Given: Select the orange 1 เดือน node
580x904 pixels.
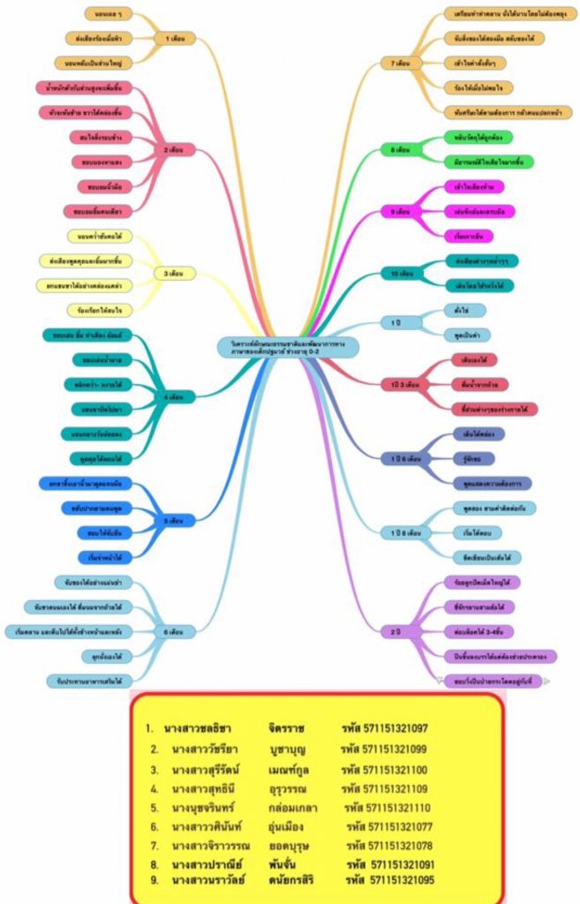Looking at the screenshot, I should [x=174, y=39].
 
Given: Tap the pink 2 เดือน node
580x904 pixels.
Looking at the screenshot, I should [x=173, y=150].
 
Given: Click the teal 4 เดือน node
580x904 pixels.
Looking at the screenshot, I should [x=173, y=397].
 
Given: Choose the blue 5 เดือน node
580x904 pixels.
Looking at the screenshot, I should [x=173, y=521].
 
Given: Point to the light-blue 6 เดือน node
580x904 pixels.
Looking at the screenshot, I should [x=173, y=632].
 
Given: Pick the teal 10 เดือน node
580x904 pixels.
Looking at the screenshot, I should [x=403, y=274].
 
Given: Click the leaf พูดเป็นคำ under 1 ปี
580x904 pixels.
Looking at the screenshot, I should [x=464, y=335].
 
